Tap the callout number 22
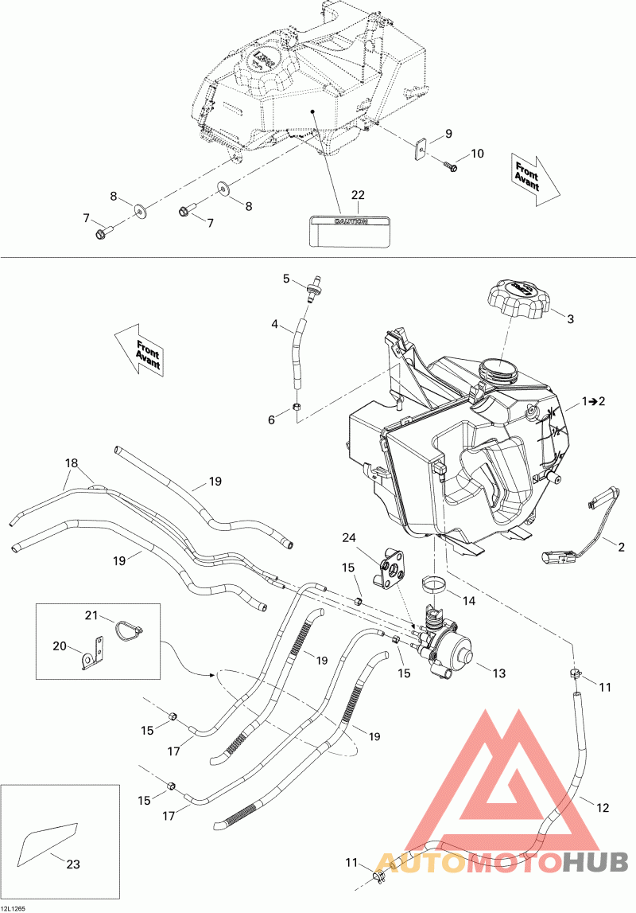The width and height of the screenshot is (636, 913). coord(358,196)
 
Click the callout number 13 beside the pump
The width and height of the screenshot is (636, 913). coord(498,673)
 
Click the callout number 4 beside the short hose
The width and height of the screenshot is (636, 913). coord(275,325)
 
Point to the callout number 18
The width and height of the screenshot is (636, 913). coord(72,462)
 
